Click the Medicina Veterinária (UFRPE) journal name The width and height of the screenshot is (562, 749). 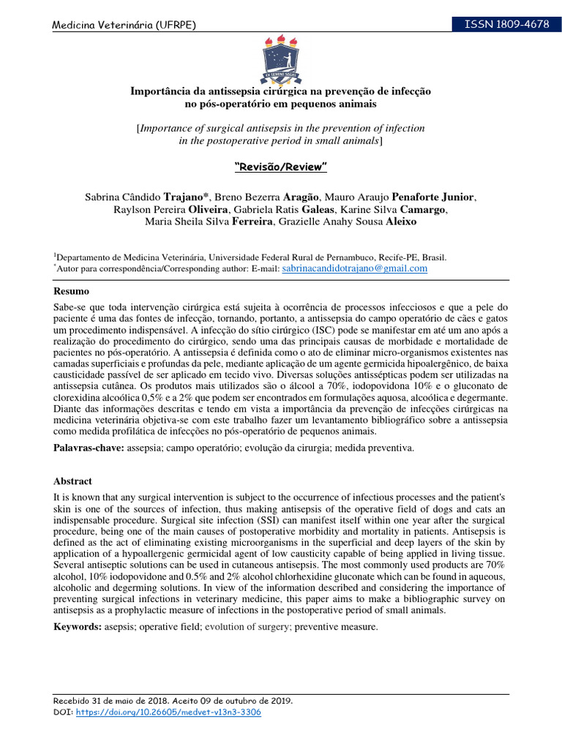[x=124, y=26]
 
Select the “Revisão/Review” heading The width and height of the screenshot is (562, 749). [x=280, y=168]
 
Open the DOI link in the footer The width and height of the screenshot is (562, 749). [x=168, y=712]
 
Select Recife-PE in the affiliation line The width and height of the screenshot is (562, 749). [x=397, y=257]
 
